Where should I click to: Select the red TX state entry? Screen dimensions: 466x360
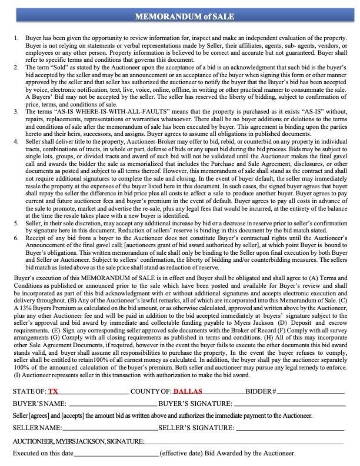click(x=54, y=391)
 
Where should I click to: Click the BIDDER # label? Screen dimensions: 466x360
click(x=261, y=391)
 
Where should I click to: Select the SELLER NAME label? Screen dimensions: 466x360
click(x=37, y=428)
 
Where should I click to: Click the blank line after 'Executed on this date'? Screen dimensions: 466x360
click(x=116, y=455)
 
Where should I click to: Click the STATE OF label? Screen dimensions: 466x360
click(x=29, y=391)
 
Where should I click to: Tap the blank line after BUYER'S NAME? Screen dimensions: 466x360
click(x=112, y=405)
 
